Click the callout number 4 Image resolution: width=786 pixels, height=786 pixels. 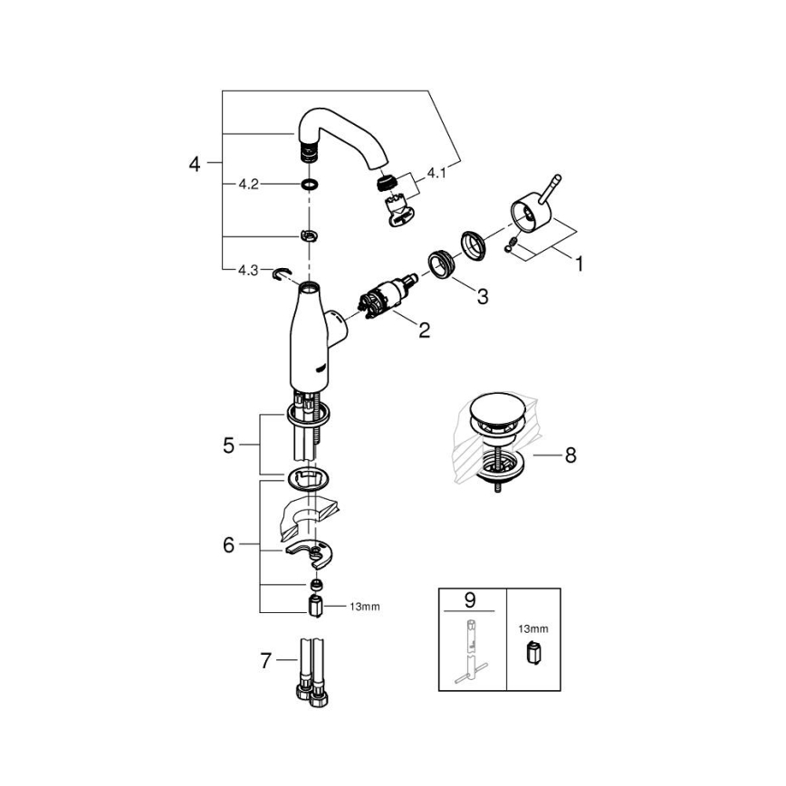click(x=194, y=164)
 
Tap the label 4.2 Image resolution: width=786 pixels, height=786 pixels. click(x=248, y=184)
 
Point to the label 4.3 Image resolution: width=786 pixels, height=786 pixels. click(x=248, y=270)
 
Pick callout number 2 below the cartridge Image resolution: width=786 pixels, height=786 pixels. click(x=424, y=331)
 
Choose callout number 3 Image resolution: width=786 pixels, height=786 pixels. click(x=482, y=295)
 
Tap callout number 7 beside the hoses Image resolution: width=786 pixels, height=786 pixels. click(x=265, y=661)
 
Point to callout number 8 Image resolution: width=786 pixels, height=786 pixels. click(x=570, y=455)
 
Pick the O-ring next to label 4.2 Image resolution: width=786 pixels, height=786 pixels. click(x=309, y=185)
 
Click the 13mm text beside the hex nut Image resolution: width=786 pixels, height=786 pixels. click(x=362, y=607)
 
